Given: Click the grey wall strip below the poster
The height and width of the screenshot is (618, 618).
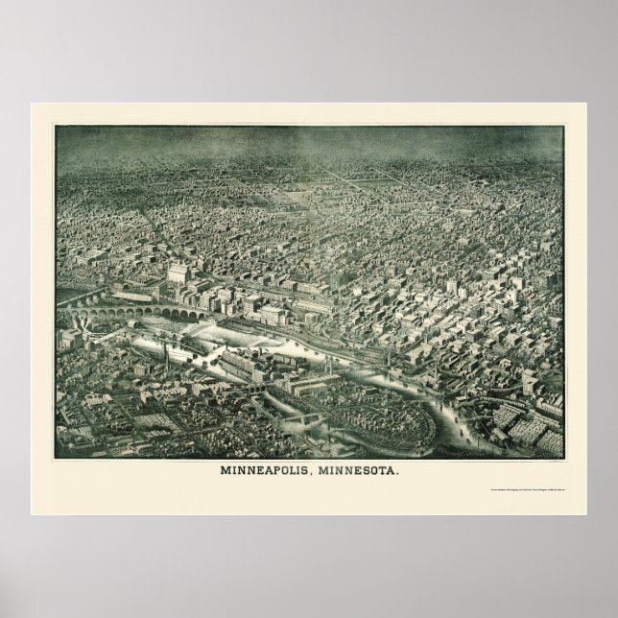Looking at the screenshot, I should tap(309, 566).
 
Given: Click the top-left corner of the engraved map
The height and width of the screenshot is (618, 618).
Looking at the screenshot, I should tap(56, 126).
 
